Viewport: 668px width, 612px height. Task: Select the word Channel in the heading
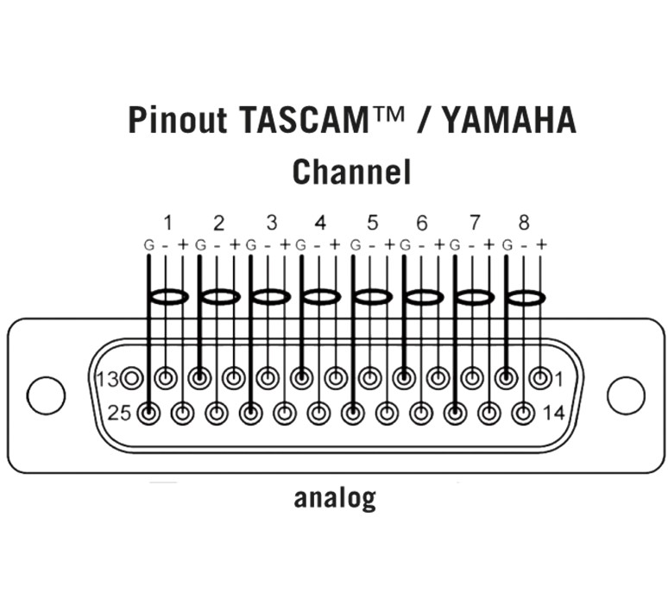(351, 172)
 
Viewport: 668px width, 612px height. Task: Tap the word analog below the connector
(335, 498)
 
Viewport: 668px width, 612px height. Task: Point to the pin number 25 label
(120, 413)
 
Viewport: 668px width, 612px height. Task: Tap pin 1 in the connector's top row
(540, 377)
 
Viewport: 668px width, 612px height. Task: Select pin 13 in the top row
(132, 377)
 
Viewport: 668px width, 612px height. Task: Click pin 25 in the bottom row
(149, 413)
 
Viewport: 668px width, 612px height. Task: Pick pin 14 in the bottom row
(522, 413)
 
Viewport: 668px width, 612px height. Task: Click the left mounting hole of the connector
(46, 394)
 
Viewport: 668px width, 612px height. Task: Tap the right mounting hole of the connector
(626, 394)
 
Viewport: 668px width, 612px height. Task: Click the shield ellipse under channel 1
(168, 297)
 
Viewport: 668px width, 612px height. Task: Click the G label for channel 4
(301, 245)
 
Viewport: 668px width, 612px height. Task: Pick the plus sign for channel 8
(541, 244)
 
